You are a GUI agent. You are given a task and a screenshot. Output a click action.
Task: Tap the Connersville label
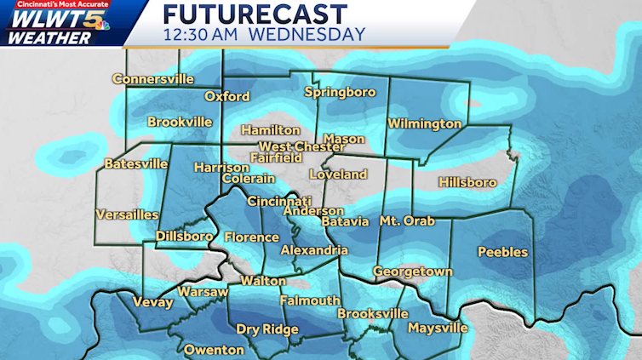click(x=153, y=80)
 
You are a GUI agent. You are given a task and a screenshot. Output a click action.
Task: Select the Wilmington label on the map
click(x=424, y=124)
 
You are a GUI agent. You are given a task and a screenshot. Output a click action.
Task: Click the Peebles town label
click(x=502, y=252)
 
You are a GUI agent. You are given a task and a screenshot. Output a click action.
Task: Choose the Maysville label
click(x=438, y=329)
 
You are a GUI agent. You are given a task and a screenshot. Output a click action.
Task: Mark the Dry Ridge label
click(x=267, y=330)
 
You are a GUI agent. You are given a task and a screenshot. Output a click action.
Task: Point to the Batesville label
click(x=136, y=163)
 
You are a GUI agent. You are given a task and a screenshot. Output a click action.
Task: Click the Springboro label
click(x=340, y=92)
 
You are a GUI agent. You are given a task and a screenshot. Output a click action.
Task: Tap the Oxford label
click(x=226, y=96)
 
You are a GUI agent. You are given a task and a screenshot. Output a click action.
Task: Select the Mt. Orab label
click(x=407, y=221)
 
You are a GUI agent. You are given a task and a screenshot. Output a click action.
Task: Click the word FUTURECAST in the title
click(x=255, y=14)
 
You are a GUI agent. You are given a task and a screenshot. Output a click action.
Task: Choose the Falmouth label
click(x=310, y=300)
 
